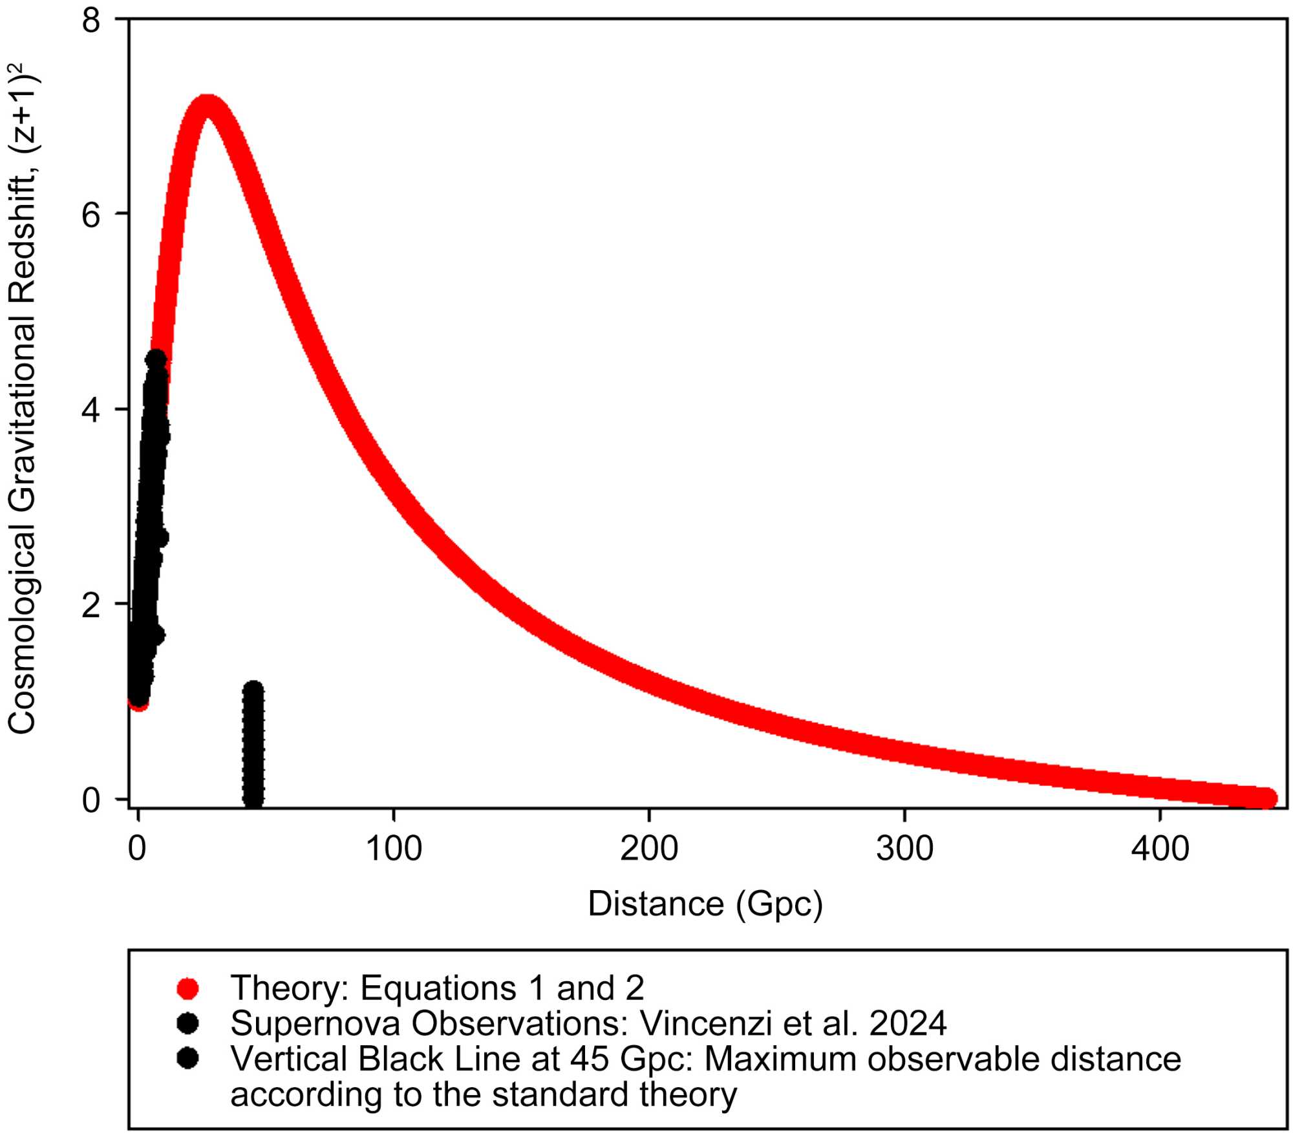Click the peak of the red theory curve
coord(207,107)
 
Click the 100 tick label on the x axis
coord(394,849)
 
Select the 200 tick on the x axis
coord(649,849)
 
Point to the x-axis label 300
coord(904,849)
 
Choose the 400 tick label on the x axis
coord(1160,849)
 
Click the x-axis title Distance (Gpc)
coord(705,904)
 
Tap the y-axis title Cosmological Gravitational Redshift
coord(22,401)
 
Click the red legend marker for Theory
coord(187,988)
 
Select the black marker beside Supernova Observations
coord(187,1023)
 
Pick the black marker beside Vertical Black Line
coord(187,1058)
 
